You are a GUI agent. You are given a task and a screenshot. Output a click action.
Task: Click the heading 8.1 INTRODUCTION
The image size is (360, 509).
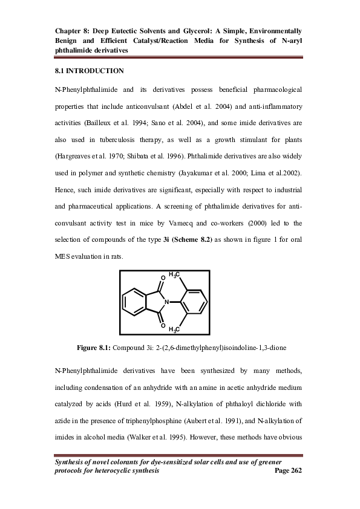point(89,71)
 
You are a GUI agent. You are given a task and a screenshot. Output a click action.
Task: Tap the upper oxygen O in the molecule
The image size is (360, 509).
point(162,278)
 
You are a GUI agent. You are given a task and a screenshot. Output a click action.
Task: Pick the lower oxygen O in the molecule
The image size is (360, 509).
point(162,325)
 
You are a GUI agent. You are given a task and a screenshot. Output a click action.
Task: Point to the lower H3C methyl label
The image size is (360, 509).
point(174,329)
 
